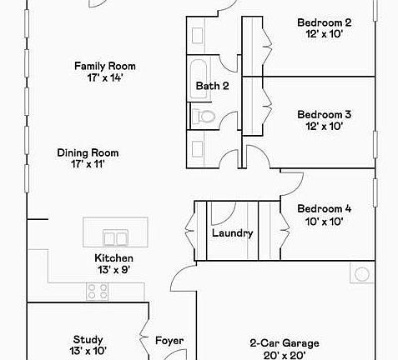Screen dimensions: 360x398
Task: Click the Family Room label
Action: point(105,66)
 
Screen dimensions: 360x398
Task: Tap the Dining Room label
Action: point(88,152)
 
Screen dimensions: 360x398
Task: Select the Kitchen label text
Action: point(113,258)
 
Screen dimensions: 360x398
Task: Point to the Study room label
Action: point(88,339)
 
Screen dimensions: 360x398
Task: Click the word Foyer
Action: point(169,341)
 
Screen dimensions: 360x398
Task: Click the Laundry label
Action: point(232,233)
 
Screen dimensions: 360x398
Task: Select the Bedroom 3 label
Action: point(325,115)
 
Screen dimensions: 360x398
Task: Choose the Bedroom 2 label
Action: point(325,22)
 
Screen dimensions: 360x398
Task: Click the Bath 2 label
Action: point(212,86)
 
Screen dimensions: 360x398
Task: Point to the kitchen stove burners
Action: point(98,291)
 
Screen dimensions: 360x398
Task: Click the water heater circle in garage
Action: point(362,274)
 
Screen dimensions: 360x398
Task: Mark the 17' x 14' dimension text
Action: point(105,77)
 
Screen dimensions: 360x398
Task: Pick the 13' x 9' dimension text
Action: point(113,270)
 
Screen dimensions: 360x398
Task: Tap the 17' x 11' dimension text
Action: point(88,164)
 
